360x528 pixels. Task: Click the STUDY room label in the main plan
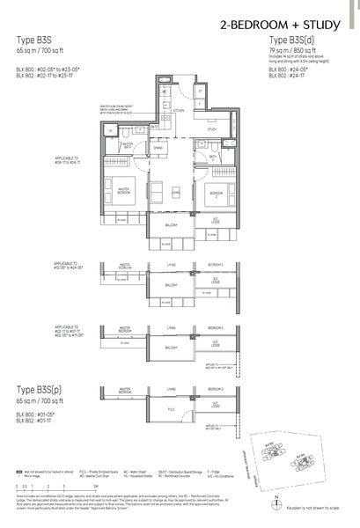(x=212, y=129)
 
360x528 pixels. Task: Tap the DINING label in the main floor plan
(x=158, y=148)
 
